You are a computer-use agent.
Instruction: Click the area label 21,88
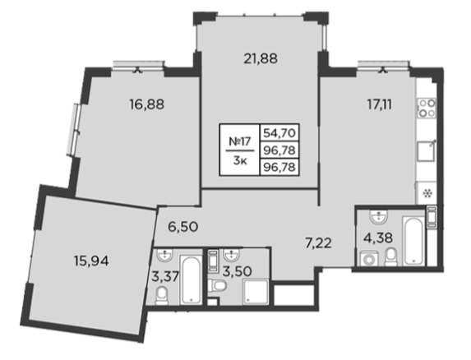coord(261,59)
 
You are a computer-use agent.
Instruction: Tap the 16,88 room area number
coord(147,104)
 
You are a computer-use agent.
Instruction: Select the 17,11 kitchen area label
coord(380,104)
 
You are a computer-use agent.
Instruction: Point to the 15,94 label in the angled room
coord(91,261)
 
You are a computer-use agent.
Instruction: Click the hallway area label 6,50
coord(183,227)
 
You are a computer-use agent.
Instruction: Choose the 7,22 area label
coord(317,243)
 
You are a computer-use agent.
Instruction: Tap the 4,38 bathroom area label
coord(378,238)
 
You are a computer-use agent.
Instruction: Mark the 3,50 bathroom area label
coord(238,272)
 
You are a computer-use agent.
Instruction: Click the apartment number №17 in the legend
coord(239,141)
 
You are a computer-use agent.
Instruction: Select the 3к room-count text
coord(240,161)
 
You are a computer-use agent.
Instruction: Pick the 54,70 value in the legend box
coord(279,132)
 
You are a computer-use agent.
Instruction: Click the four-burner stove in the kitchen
coord(427,108)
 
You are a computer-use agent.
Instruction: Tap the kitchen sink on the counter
coord(427,151)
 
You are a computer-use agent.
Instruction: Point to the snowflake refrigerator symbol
coord(427,193)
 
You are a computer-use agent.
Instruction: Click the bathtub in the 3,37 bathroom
coord(191,279)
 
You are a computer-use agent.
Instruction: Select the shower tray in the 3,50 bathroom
coord(256,291)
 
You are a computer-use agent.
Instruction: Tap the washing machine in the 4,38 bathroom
coord(369,258)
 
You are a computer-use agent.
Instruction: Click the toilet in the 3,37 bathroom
coord(162,295)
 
